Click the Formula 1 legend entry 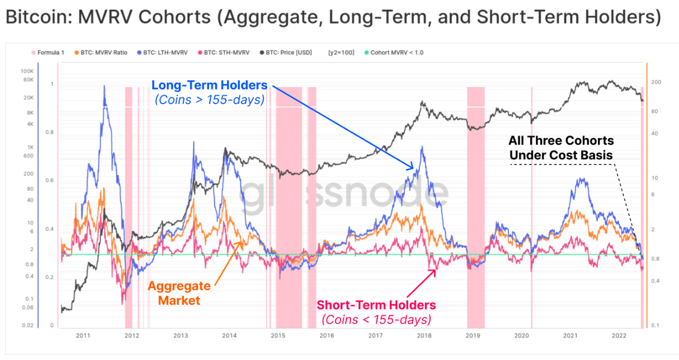point(50,53)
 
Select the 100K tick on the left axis point(27,71)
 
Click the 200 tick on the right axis point(656,82)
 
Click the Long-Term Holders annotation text point(209,85)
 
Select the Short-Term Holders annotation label point(376,305)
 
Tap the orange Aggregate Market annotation point(179,293)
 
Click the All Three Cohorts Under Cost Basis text point(562,148)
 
